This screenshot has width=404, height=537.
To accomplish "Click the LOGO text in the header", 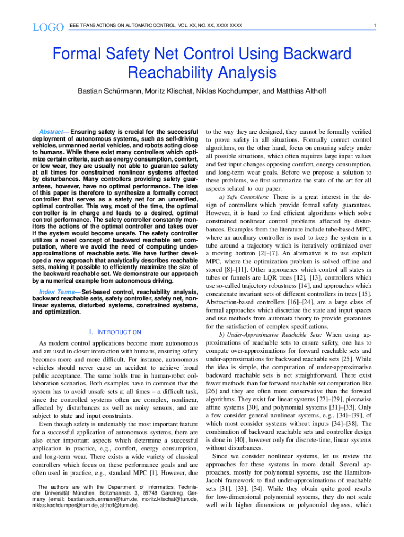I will [x=44, y=26].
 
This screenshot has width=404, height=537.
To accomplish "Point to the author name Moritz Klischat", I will [x=167, y=91].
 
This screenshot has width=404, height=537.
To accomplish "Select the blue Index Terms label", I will [x=58, y=292].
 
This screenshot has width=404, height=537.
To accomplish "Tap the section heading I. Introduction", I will [x=115, y=332].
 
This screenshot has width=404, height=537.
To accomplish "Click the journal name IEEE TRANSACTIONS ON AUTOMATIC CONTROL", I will [x=155, y=26].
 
